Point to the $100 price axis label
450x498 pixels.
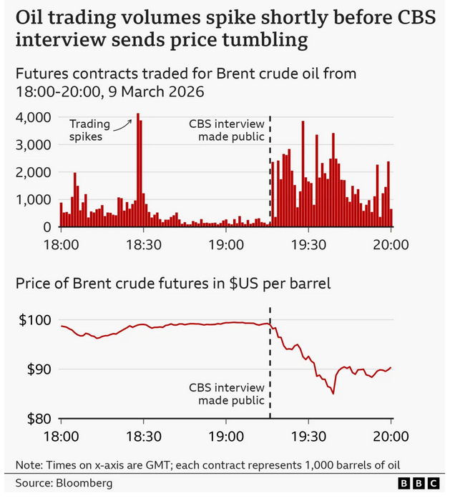coord(34,320)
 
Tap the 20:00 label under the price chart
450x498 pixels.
coord(391,436)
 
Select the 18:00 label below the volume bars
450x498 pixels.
coord(61,244)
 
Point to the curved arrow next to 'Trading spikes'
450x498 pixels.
coord(124,125)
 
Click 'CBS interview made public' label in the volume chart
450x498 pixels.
coord(228,130)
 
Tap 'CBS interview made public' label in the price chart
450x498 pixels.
coord(228,394)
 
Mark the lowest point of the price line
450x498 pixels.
coord(333,393)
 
